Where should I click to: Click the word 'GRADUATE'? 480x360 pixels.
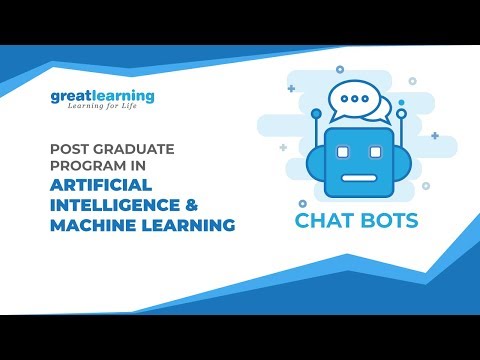point(132,149)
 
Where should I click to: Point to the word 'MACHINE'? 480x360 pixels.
point(91,226)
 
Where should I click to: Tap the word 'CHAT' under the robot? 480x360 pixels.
point(326,221)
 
